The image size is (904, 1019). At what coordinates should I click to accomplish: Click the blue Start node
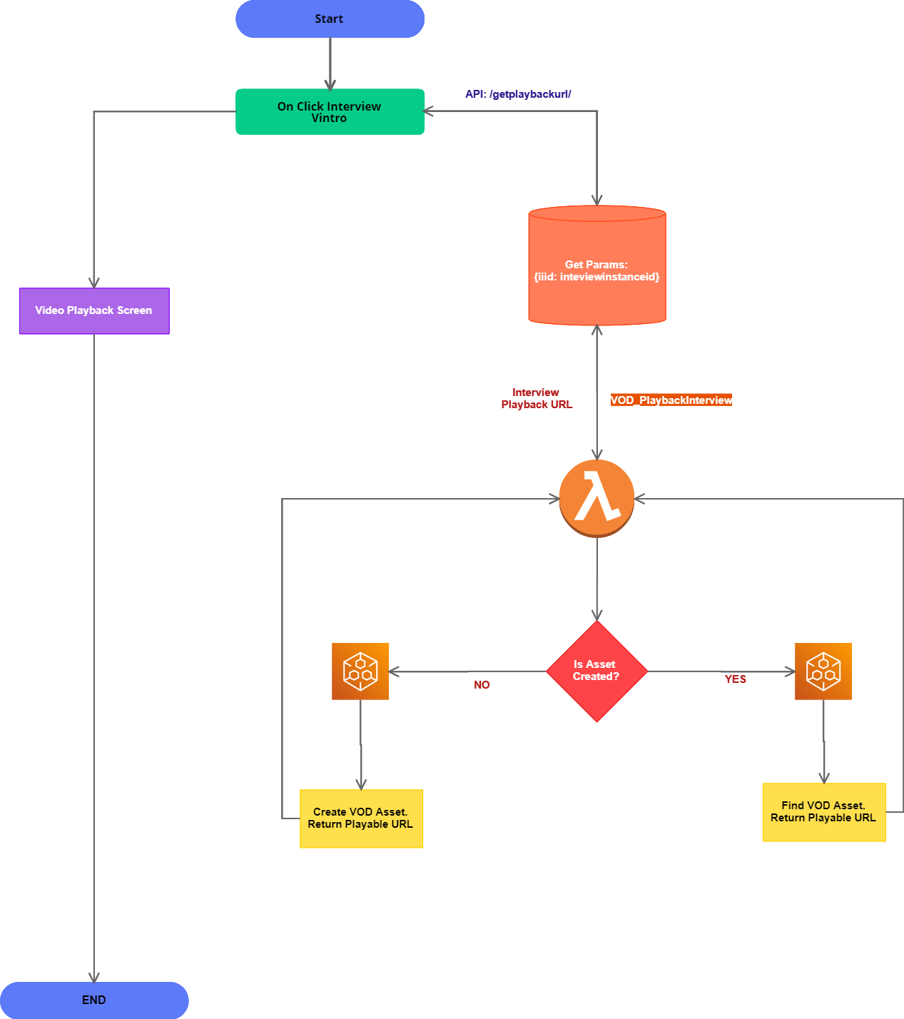pos(330,19)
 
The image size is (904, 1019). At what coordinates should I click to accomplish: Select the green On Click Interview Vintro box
pos(330,112)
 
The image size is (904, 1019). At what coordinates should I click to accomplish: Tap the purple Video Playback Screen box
pos(94,310)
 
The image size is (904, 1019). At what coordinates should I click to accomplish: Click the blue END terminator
pos(94,1000)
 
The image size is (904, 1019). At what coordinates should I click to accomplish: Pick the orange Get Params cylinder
pos(596,268)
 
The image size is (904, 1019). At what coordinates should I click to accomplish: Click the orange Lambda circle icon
pos(596,498)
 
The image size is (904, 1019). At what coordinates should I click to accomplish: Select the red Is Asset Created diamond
pos(596,671)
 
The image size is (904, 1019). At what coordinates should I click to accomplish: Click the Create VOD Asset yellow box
pos(361,818)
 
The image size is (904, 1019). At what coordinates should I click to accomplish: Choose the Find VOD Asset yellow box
pos(824,812)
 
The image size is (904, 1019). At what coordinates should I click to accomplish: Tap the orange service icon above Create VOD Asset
pos(360,671)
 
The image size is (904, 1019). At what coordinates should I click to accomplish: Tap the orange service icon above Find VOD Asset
pos(823,671)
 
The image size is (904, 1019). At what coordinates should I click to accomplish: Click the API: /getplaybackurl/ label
pos(518,94)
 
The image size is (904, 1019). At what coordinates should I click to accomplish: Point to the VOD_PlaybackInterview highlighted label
pos(671,400)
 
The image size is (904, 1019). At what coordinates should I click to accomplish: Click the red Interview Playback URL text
pos(537,398)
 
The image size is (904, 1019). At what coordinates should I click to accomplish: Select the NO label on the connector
pos(482,685)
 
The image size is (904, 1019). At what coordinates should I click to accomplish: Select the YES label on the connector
pos(735,679)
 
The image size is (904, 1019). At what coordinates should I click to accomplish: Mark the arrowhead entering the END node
pos(94,977)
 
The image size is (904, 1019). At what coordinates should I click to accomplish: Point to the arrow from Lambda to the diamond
pos(597,578)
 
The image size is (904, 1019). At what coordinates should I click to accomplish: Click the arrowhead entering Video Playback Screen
pos(94,283)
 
